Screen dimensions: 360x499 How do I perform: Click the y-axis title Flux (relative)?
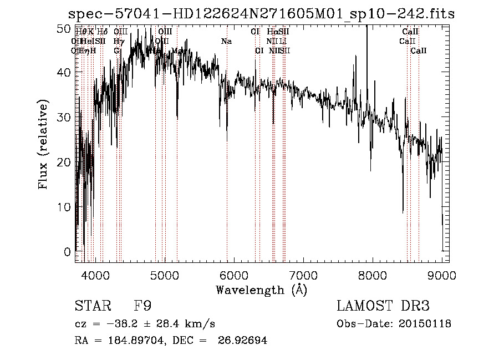pyautogui.click(x=43, y=144)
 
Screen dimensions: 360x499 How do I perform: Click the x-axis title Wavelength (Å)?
pyautogui.click(x=261, y=290)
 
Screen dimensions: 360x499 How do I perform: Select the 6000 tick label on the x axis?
pyautogui.click(x=234, y=275)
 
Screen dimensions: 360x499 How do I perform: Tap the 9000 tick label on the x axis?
pyautogui.click(x=442, y=275)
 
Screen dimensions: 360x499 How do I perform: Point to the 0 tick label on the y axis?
pyautogui.click(x=68, y=252)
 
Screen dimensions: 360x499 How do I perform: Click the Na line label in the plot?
pyautogui.click(x=226, y=42)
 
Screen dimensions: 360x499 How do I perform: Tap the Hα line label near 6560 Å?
pyautogui.click(x=272, y=32)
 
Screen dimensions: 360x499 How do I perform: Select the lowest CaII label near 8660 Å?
pyautogui.click(x=419, y=51)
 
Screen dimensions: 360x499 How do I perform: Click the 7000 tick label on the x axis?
pyautogui.click(x=303, y=275)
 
